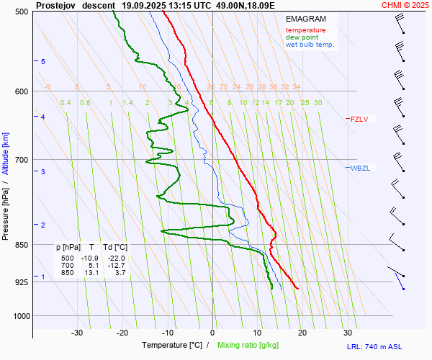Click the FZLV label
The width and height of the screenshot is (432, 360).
(359, 120)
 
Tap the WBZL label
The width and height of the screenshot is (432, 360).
(360, 168)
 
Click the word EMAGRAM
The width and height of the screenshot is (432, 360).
(305, 19)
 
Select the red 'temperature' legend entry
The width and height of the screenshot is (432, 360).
(305, 30)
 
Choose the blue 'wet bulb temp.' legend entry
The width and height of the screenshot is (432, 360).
(310, 45)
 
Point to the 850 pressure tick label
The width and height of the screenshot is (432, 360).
(21, 245)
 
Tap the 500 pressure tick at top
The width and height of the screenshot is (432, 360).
(21, 12)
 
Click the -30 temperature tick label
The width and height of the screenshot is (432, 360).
(77, 333)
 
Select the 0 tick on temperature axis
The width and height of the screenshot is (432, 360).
(212, 333)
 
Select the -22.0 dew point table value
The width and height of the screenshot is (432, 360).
(117, 258)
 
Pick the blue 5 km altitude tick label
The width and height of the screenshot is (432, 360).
(43, 62)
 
